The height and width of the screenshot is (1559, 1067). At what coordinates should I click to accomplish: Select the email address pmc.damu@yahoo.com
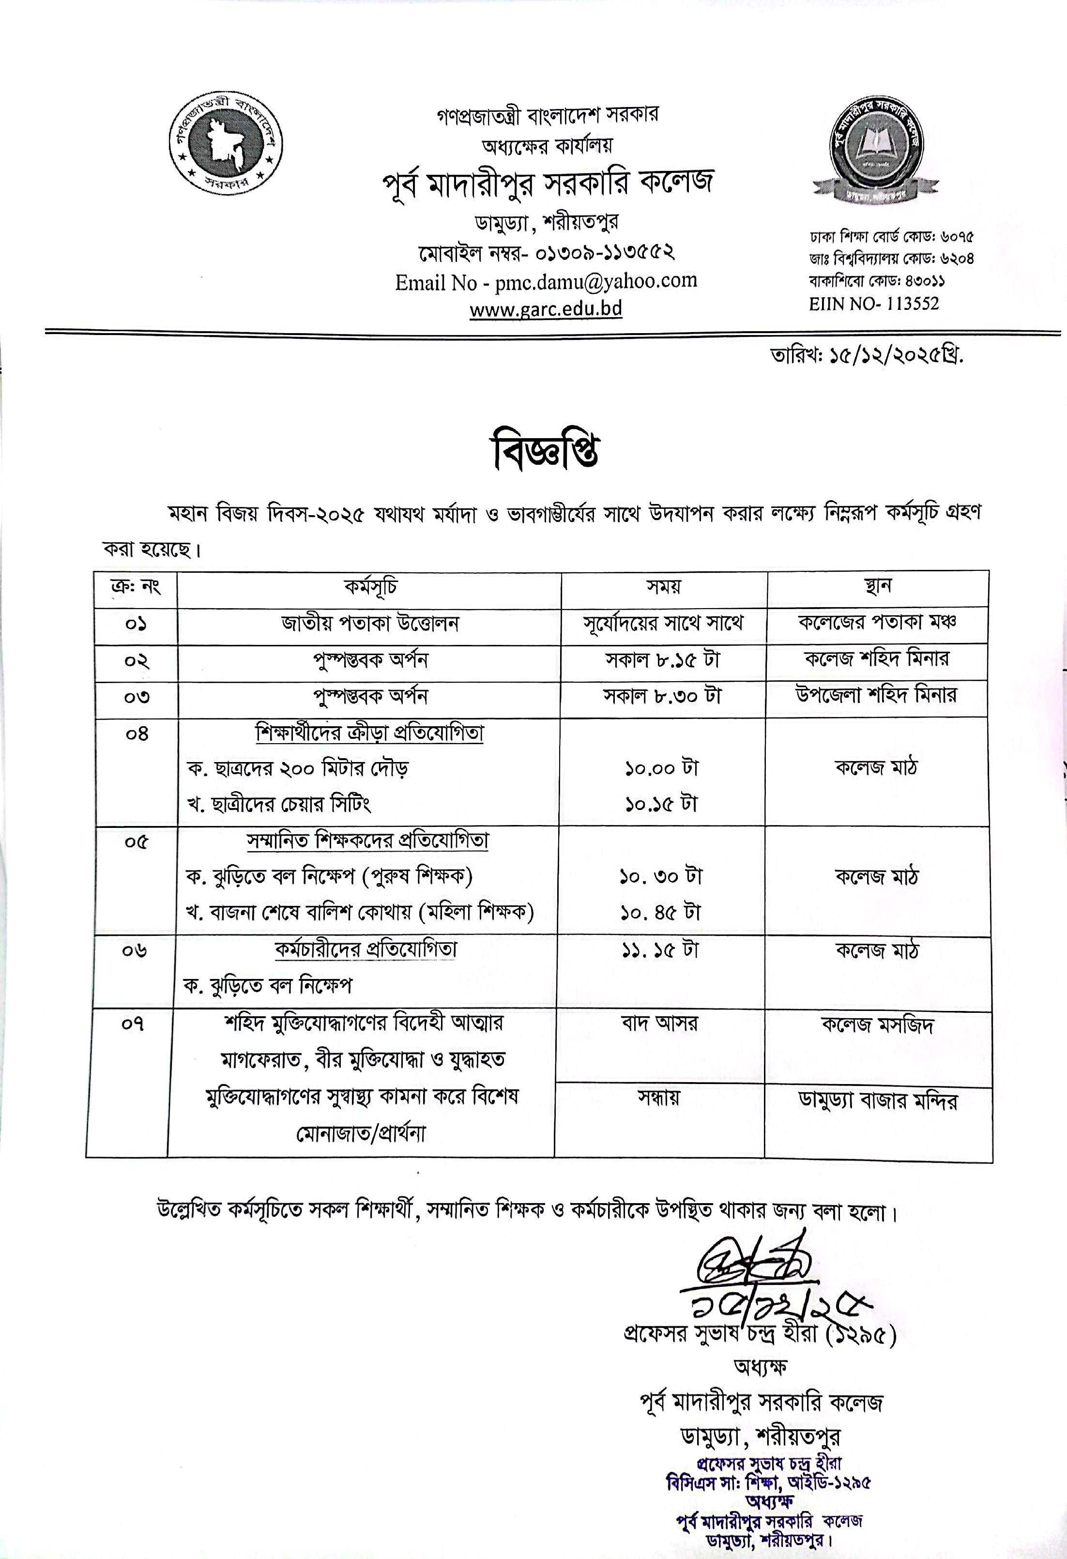(595, 281)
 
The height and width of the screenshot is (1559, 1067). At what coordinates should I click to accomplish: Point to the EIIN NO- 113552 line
(873, 303)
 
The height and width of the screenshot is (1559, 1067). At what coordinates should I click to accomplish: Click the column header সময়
(663, 587)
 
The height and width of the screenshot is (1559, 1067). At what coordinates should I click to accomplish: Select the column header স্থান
(877, 587)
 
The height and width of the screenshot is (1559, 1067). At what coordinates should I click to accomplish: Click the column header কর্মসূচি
(369, 587)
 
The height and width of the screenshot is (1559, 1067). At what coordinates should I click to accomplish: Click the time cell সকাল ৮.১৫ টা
(662, 660)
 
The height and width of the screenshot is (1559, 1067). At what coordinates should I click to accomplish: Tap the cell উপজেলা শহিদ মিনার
(877, 696)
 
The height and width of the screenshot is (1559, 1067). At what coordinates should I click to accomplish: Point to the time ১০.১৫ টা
(661, 804)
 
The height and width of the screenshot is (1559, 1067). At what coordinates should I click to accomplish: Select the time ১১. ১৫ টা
(658, 950)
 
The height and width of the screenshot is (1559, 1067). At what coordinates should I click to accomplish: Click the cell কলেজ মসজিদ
(877, 1025)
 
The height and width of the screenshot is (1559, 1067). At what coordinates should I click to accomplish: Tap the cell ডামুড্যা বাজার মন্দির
(877, 1101)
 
